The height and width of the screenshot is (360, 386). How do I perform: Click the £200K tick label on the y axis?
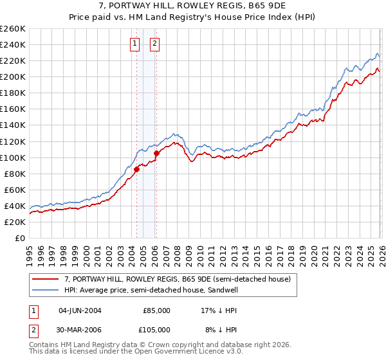pos(12,76)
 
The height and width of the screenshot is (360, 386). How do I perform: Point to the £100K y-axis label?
pos(12,157)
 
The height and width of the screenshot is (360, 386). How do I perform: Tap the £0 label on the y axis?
pos(19,238)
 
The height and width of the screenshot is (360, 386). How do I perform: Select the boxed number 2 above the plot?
pos(156,44)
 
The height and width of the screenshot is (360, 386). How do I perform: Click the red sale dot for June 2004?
pos(136,169)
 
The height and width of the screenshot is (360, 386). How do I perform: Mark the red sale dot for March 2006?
pos(157,153)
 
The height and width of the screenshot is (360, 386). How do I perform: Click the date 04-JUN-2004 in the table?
pos(80,310)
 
